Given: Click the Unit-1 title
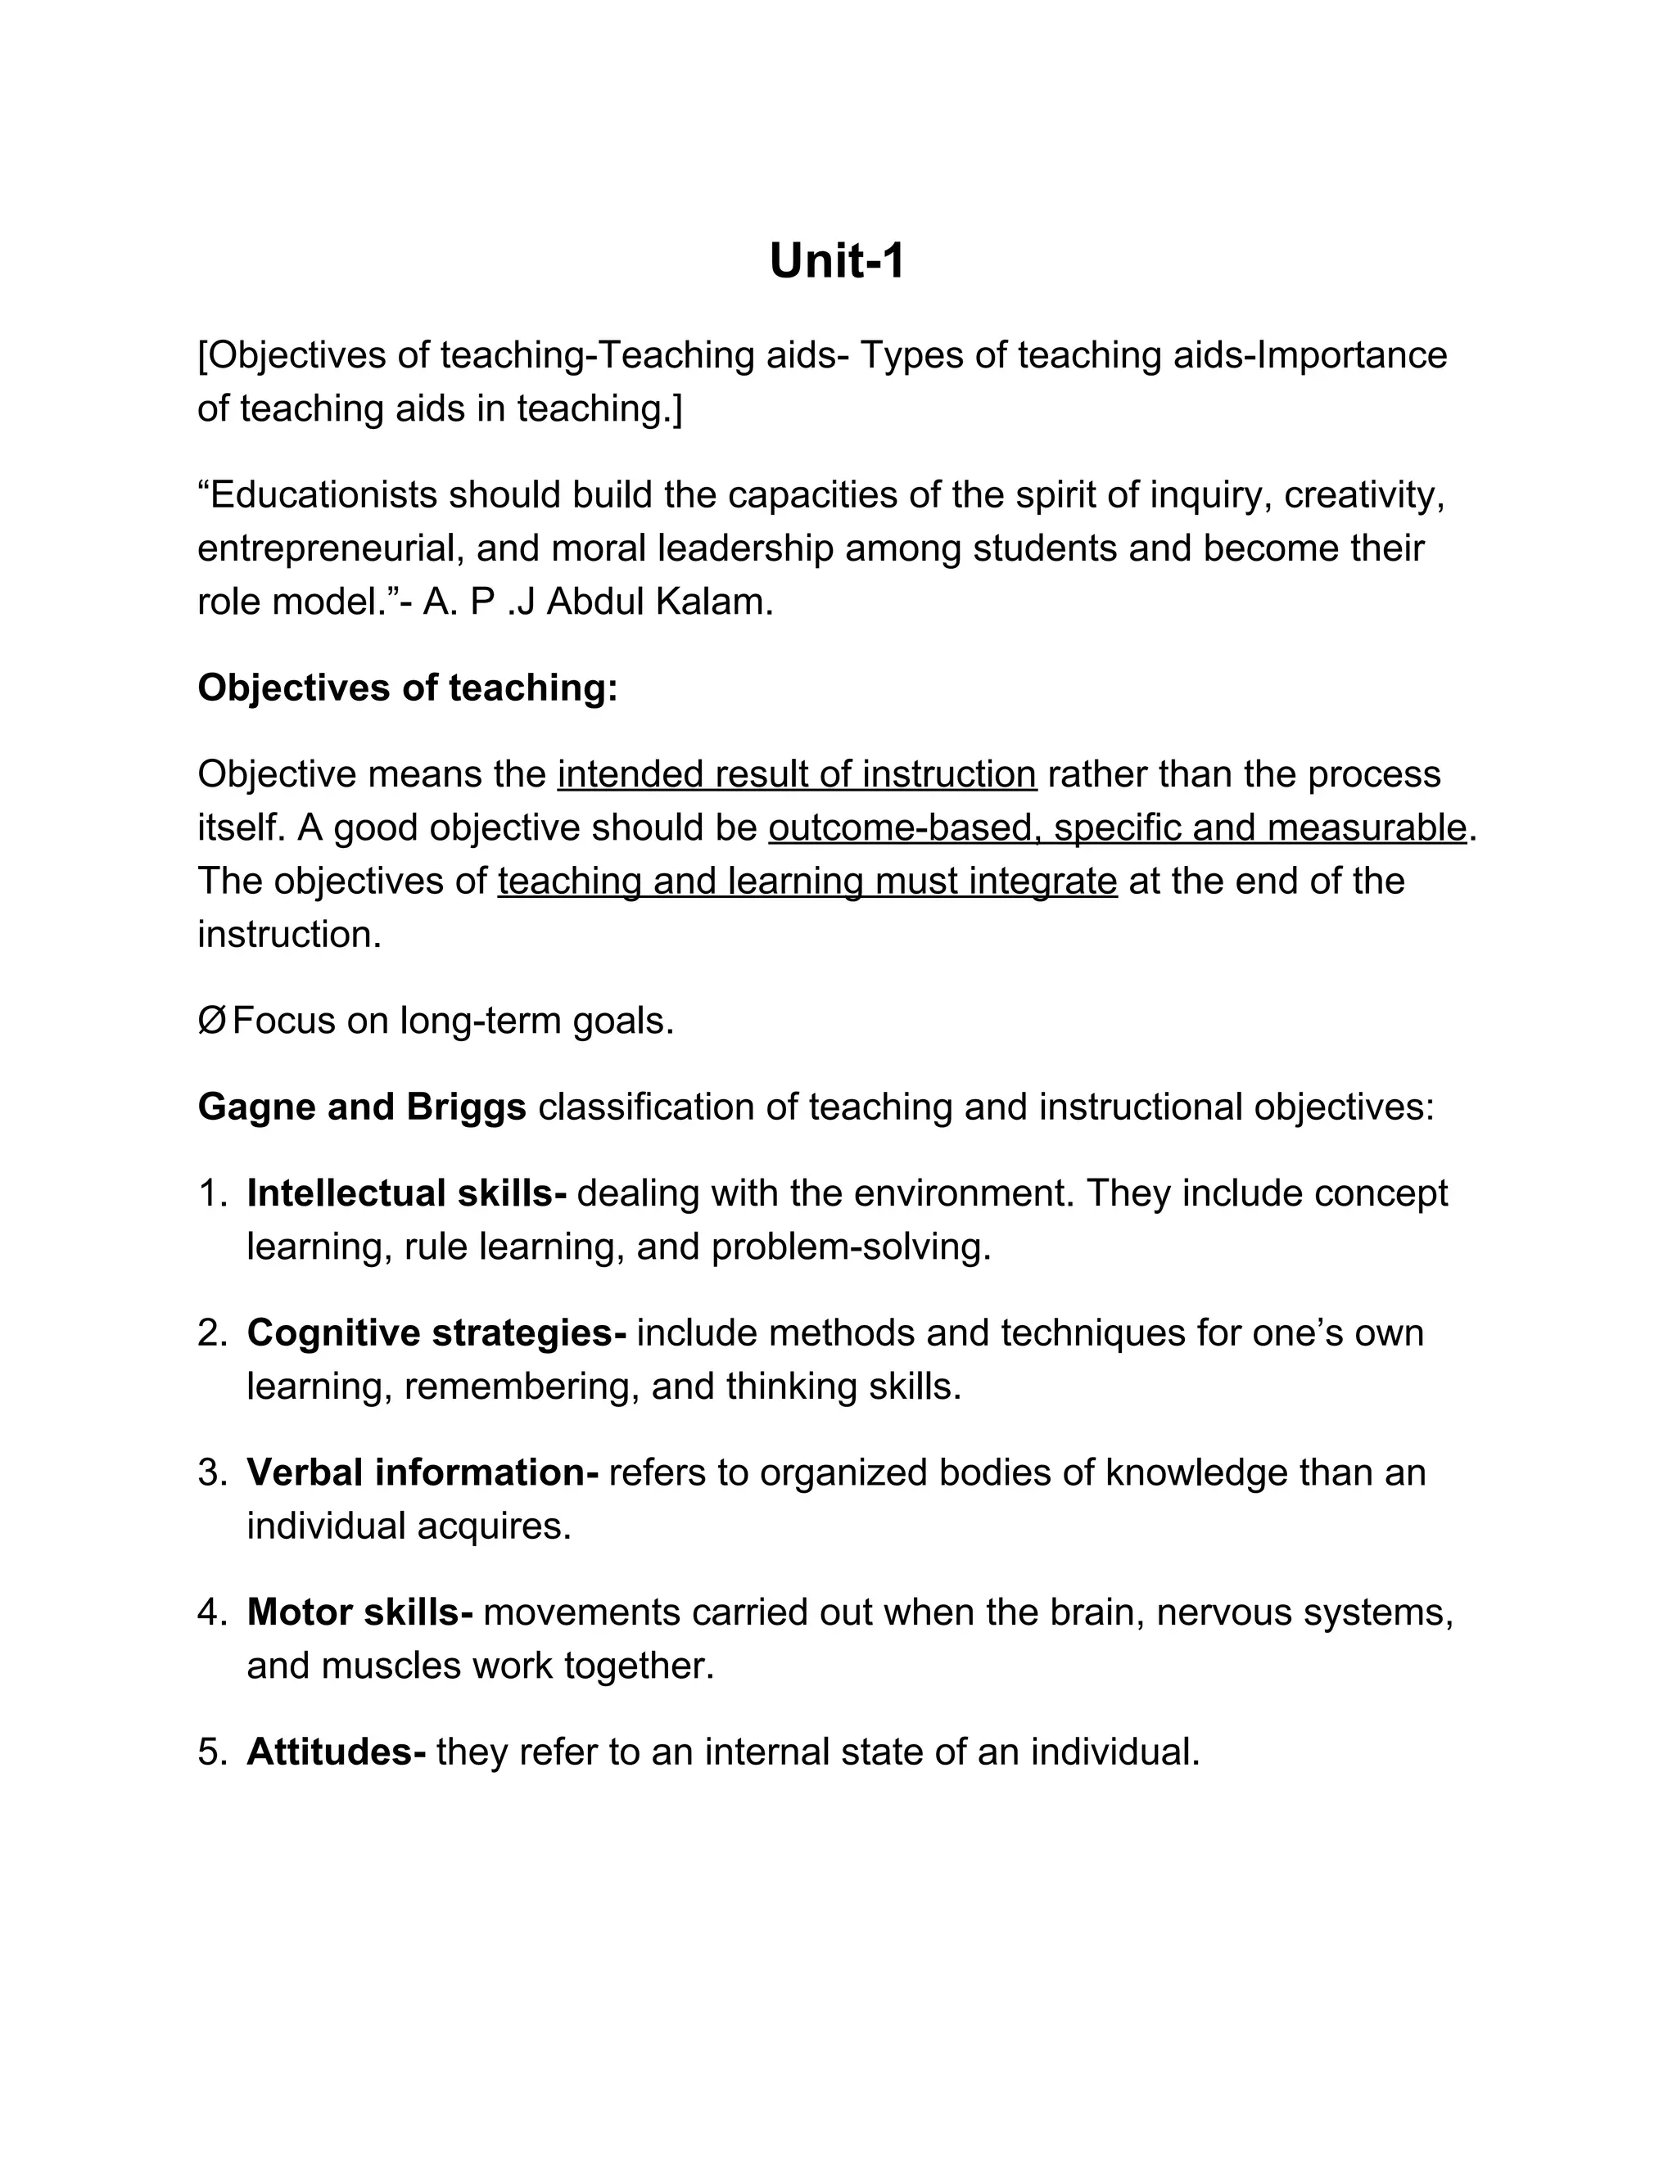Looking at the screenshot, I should click(x=837, y=262).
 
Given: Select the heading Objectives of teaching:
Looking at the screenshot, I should click(x=407, y=688).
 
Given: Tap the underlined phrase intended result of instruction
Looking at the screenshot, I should click(x=797, y=773).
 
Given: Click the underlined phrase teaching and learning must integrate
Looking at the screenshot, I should click(x=807, y=881).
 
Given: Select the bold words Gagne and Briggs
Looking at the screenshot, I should click(x=362, y=1107).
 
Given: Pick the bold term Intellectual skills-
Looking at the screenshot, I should click(x=406, y=1193).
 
